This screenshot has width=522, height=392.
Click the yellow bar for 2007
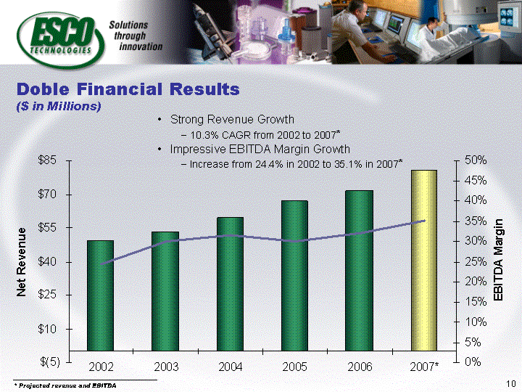[424, 261]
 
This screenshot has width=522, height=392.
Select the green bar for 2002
[100, 295]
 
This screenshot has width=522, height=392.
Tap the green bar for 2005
[294, 276]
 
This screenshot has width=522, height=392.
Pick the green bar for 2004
[230, 284]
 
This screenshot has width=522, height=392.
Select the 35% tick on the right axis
[476, 221]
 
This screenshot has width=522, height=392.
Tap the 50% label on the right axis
[476, 160]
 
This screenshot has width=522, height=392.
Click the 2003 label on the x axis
[166, 367]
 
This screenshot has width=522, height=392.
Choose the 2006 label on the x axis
[360, 367]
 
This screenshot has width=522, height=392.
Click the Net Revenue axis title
[21, 262]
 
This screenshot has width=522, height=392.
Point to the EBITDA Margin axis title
[497, 260]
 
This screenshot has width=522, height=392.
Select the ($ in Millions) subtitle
[59, 106]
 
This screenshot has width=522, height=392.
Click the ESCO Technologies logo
[61, 40]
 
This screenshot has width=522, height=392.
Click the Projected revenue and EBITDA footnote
[65, 385]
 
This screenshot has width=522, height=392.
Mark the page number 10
[511, 384]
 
